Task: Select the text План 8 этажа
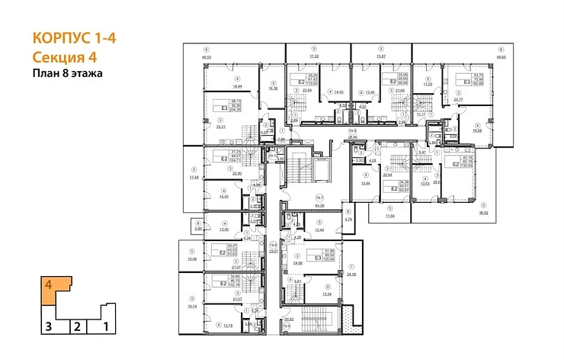click(68, 74)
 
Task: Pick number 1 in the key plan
click(106, 327)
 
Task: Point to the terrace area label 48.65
click(500, 57)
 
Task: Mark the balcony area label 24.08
click(351, 273)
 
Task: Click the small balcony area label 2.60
click(198, 229)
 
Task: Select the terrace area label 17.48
click(194, 178)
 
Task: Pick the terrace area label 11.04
click(393, 217)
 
